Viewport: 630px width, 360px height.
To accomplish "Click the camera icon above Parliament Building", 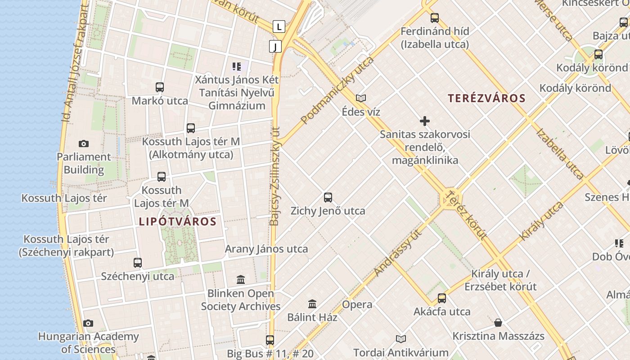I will tap(83, 144).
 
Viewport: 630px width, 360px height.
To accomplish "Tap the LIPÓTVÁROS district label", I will tap(178, 221).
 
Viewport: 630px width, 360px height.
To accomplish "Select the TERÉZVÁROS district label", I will tap(487, 98).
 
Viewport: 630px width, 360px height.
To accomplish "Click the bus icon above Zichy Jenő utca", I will tap(328, 198).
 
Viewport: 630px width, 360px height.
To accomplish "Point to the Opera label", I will tap(357, 305).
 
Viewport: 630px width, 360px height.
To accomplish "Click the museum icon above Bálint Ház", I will tap(312, 304).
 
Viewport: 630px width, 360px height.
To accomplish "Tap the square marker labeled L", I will tap(279, 27).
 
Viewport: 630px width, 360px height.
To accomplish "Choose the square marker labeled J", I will tap(275, 46).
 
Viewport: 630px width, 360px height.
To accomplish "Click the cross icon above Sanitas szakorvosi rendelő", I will tap(424, 121).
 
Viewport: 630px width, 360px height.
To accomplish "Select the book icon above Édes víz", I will tap(361, 98).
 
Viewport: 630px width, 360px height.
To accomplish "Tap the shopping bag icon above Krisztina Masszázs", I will tap(498, 323).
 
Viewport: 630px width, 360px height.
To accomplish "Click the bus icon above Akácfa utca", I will tap(442, 298).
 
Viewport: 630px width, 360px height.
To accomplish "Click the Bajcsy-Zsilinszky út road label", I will tap(275, 175).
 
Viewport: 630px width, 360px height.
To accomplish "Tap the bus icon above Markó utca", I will tap(160, 87).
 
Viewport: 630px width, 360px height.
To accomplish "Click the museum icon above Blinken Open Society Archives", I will tap(241, 280).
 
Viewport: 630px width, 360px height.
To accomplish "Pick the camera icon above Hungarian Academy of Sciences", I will tap(88, 323).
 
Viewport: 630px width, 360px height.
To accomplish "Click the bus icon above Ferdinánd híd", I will tap(434, 18).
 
